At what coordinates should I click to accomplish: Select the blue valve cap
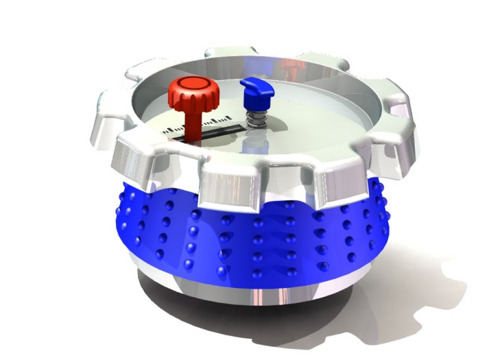[256, 89]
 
